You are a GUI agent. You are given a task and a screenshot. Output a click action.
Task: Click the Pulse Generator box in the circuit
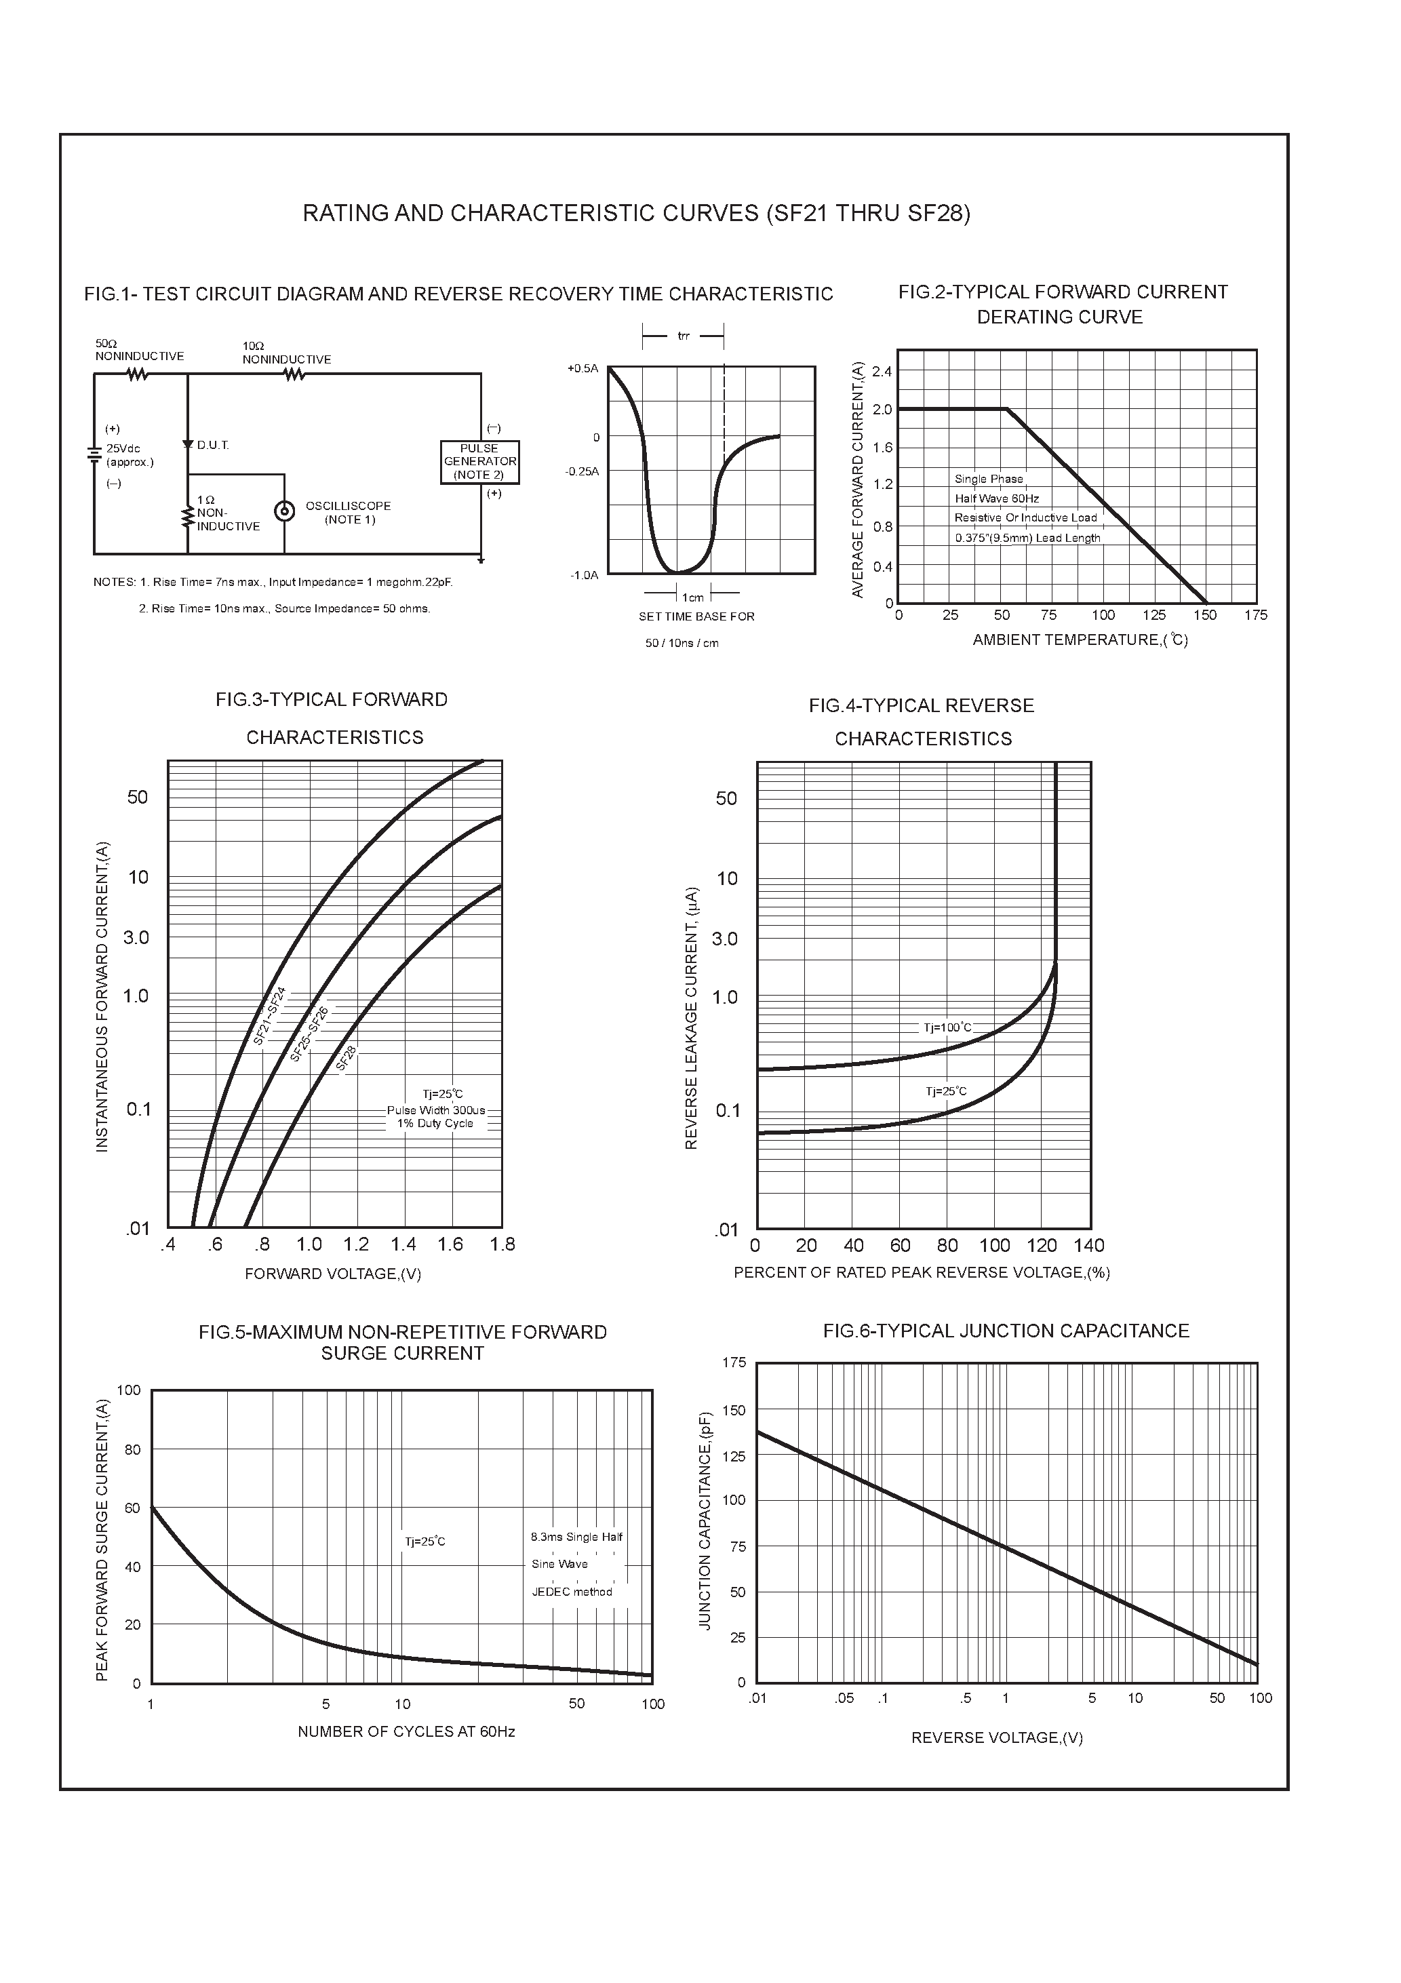[479, 462]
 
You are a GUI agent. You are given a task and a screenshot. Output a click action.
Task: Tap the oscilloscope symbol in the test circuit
[283, 511]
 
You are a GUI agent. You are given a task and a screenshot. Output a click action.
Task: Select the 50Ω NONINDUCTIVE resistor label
[139, 350]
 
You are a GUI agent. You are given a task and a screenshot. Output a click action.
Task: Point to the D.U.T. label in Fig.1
[212, 446]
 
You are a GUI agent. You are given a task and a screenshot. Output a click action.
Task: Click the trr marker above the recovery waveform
[684, 336]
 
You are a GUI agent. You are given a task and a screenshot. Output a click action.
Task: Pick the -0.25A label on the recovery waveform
[582, 471]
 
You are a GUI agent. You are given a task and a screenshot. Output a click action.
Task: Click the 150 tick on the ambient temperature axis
[1205, 615]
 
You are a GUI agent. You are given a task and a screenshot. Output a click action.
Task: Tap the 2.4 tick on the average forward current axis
[882, 372]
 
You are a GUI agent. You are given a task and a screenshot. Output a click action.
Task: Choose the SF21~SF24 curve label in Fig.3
[269, 1017]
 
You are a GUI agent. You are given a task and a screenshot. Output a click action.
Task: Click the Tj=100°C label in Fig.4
[947, 1027]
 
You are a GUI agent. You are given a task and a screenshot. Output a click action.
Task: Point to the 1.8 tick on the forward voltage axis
[502, 1244]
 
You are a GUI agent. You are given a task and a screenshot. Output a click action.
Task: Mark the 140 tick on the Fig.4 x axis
[1089, 1245]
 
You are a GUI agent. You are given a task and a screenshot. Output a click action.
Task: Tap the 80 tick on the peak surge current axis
[132, 1449]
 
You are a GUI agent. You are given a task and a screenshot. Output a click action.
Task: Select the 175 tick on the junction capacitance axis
[734, 1363]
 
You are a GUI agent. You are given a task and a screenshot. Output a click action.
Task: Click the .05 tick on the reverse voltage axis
[844, 1698]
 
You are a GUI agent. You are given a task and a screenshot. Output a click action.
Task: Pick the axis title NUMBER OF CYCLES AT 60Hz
[406, 1731]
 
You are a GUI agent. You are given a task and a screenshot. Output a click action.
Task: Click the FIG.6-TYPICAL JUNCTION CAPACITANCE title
[1006, 1331]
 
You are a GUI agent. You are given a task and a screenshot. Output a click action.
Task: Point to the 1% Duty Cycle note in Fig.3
[435, 1124]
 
